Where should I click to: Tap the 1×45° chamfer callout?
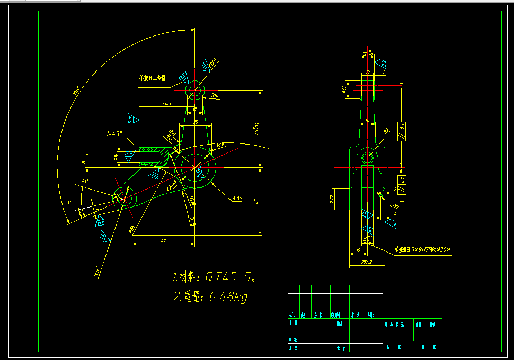(114, 133)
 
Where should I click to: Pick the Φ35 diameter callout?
(237, 198)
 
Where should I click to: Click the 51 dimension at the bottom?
(164, 240)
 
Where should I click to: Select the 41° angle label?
(85, 181)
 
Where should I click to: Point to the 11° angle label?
(69, 202)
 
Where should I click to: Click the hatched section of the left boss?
(151, 157)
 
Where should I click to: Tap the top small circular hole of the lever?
(196, 89)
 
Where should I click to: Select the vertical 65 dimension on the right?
(256, 201)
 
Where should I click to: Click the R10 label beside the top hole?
(215, 96)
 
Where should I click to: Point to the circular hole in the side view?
(367, 157)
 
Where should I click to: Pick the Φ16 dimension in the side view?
(344, 89)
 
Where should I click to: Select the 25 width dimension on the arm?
(196, 122)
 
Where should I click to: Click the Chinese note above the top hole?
(152, 78)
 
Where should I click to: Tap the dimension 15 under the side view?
(359, 250)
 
